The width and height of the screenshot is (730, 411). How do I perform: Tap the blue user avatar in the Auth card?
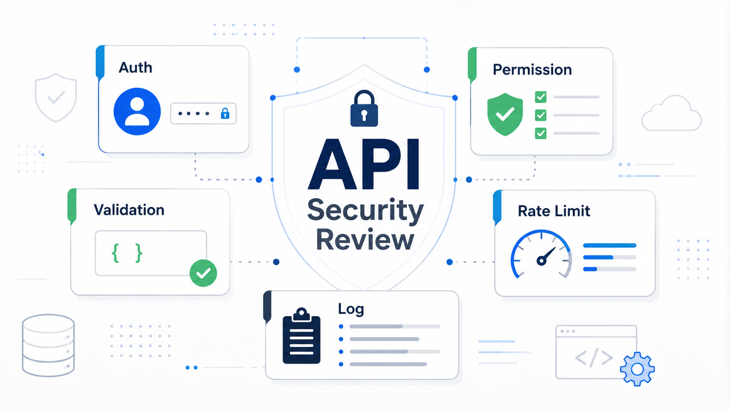pos(137,111)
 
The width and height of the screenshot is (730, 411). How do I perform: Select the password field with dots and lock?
pos(203,114)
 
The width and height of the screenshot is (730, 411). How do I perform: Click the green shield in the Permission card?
pos(505,114)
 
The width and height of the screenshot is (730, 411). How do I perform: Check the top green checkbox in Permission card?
pos(541,97)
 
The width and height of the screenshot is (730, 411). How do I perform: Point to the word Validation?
pos(129,210)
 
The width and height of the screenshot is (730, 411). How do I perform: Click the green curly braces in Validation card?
pos(127,253)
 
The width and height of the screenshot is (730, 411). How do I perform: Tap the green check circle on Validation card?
pos(203,273)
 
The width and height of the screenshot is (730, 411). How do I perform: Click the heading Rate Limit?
pos(554,211)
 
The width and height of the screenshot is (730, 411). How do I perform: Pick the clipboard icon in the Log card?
pos(301,335)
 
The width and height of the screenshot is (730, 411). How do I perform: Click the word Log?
pos(351,309)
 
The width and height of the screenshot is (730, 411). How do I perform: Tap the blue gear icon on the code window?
pos(637,369)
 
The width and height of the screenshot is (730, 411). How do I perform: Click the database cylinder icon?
pos(48,345)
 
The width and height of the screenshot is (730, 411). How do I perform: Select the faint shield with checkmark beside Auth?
pos(56,97)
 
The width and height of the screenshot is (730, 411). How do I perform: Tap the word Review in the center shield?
pos(365,239)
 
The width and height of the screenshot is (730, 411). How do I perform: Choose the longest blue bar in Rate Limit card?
pos(609,245)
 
